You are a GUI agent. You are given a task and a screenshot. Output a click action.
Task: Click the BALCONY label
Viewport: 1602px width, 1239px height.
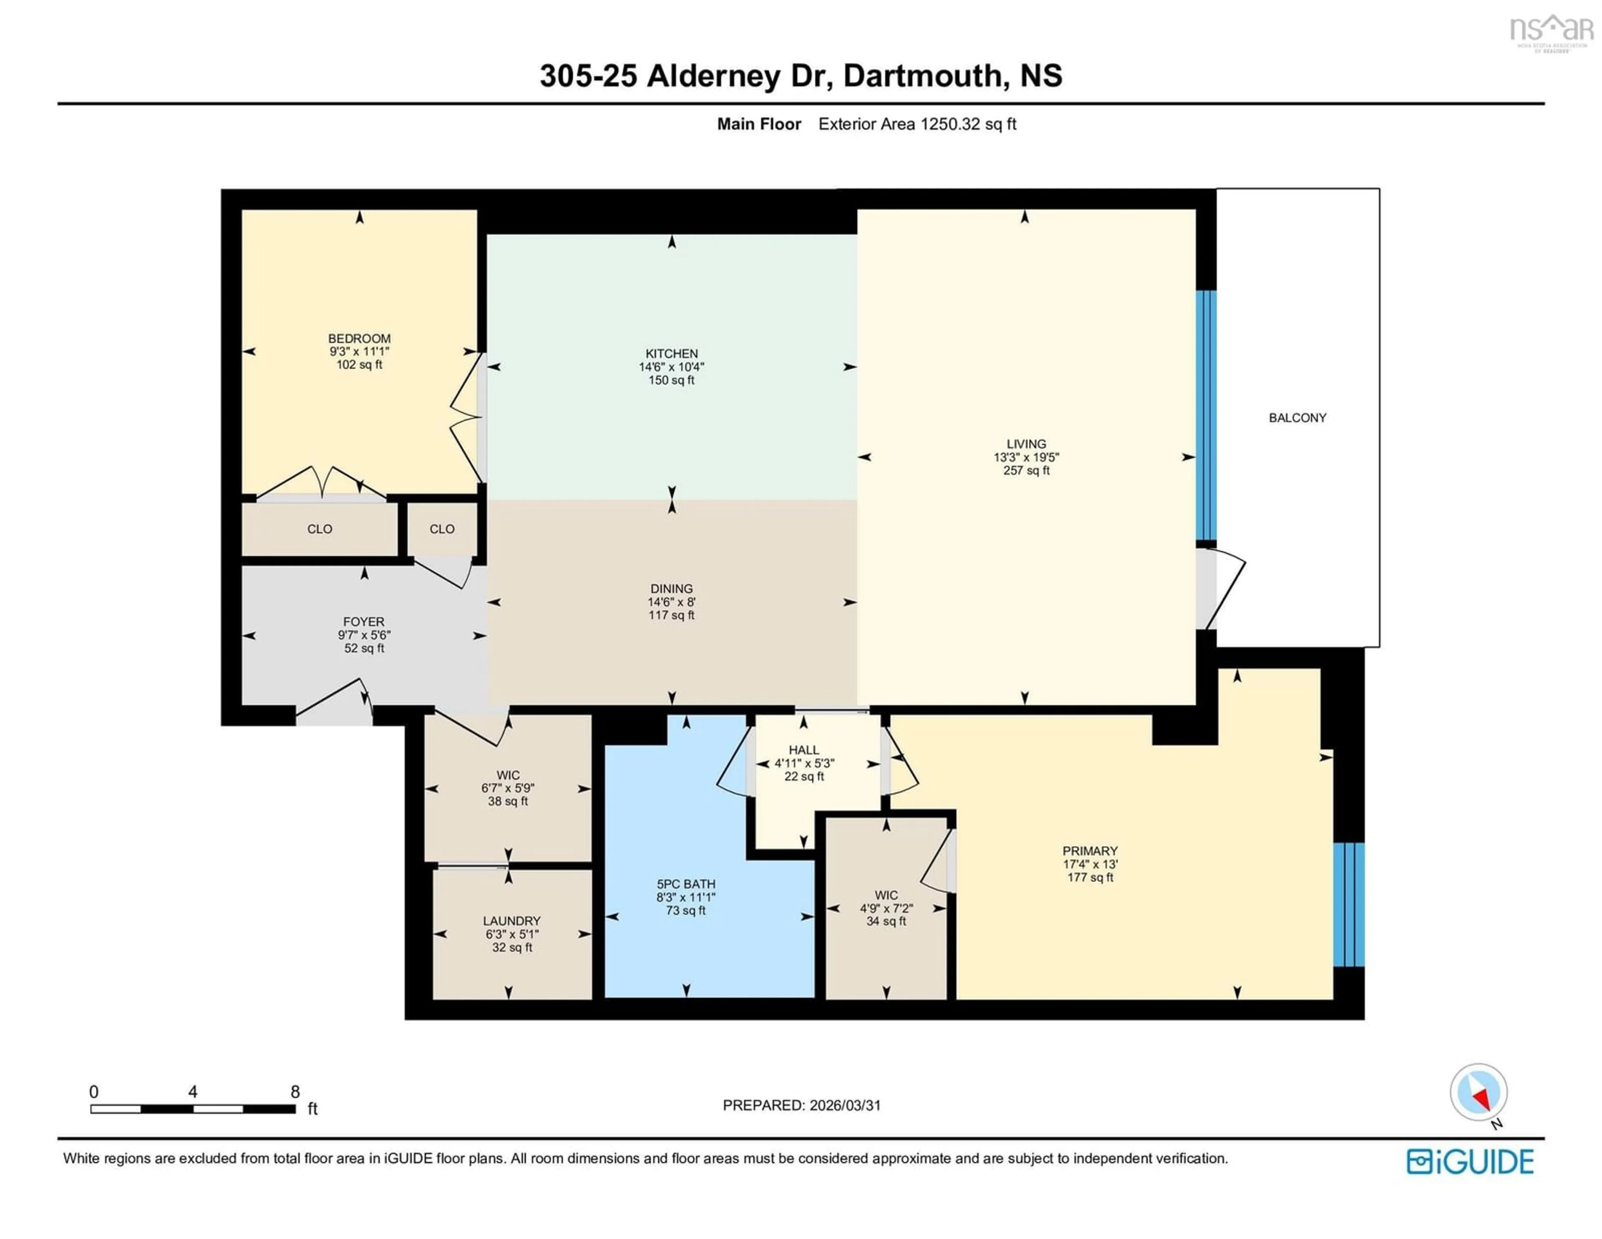pyautogui.click(x=1297, y=418)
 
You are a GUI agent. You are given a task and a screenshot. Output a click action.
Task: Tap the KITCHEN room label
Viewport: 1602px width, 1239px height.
pyautogui.click(x=671, y=353)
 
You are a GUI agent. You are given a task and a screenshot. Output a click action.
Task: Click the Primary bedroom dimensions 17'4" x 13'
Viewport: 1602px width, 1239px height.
pyautogui.click(x=1090, y=864)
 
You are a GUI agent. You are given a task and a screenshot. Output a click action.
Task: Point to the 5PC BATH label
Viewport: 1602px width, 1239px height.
pyautogui.click(x=685, y=884)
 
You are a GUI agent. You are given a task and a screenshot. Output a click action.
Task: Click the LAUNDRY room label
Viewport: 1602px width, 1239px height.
pyautogui.click(x=511, y=921)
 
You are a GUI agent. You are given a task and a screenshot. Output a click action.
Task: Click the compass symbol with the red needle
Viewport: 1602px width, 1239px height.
pyautogui.click(x=1478, y=1092)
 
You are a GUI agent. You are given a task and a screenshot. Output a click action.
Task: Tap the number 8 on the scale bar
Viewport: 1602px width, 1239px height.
pyautogui.click(x=295, y=1092)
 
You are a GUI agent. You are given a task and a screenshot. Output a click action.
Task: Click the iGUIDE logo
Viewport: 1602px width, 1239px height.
pyautogui.click(x=1470, y=1162)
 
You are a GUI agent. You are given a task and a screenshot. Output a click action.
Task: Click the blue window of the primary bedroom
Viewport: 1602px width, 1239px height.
pyautogui.click(x=1348, y=904)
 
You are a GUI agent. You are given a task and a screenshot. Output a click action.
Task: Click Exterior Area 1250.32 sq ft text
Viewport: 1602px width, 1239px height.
pyautogui.click(x=917, y=124)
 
